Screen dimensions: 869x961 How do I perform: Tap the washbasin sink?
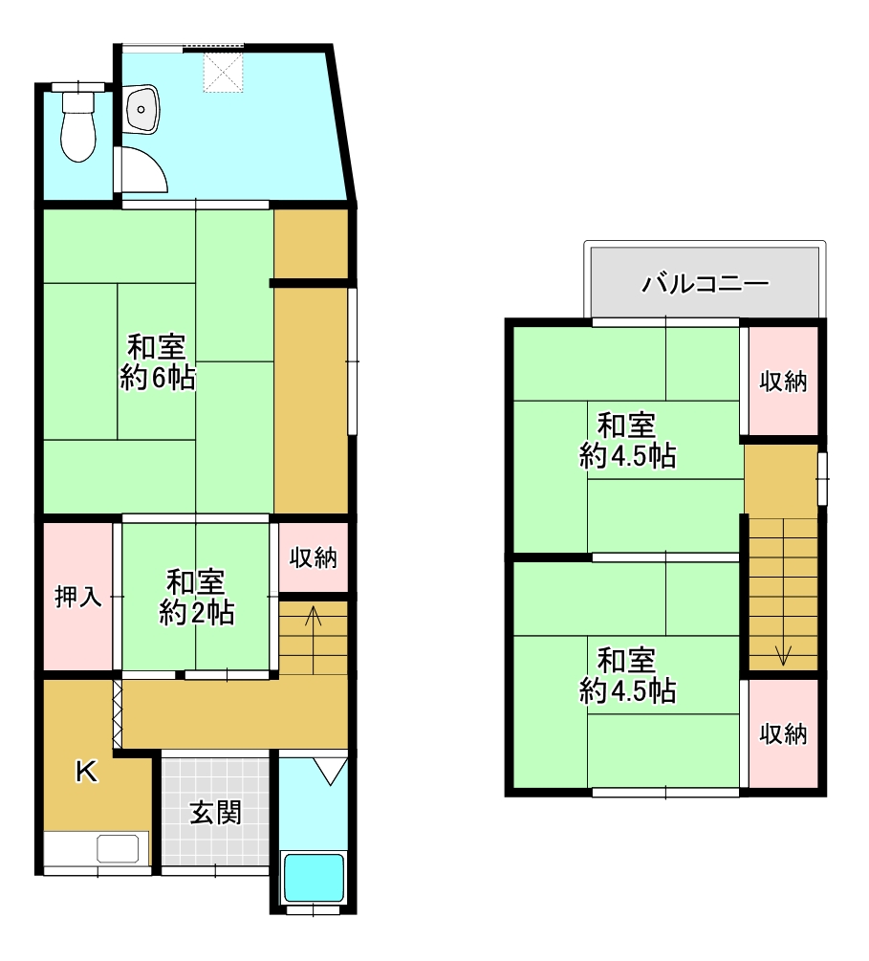(141, 108)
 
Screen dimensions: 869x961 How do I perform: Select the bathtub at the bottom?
(315, 877)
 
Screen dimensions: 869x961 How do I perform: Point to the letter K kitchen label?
(86, 771)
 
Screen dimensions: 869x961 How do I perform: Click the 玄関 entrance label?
(215, 814)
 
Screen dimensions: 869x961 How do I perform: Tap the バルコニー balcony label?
(706, 284)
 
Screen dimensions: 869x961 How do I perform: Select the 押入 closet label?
(77, 597)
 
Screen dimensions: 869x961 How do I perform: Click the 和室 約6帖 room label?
(158, 362)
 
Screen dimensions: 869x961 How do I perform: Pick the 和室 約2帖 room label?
(196, 597)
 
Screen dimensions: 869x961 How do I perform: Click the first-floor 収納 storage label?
(314, 557)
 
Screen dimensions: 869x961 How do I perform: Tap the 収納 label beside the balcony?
(783, 382)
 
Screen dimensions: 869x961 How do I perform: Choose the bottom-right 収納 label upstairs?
(783, 733)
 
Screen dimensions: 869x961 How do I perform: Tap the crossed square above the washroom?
(224, 72)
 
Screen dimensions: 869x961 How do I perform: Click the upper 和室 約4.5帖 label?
(627, 441)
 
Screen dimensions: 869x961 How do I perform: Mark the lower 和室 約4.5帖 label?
(627, 675)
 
